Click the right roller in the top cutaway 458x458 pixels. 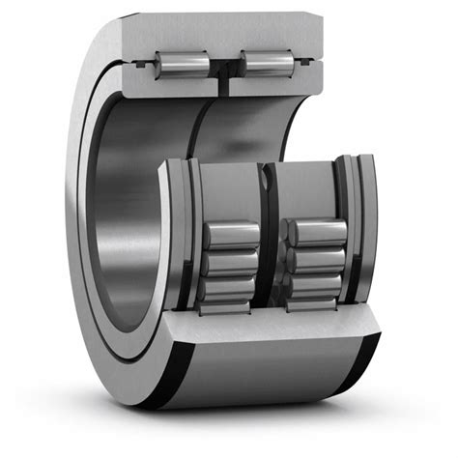click(267, 63)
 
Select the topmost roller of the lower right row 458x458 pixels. click(317, 232)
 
